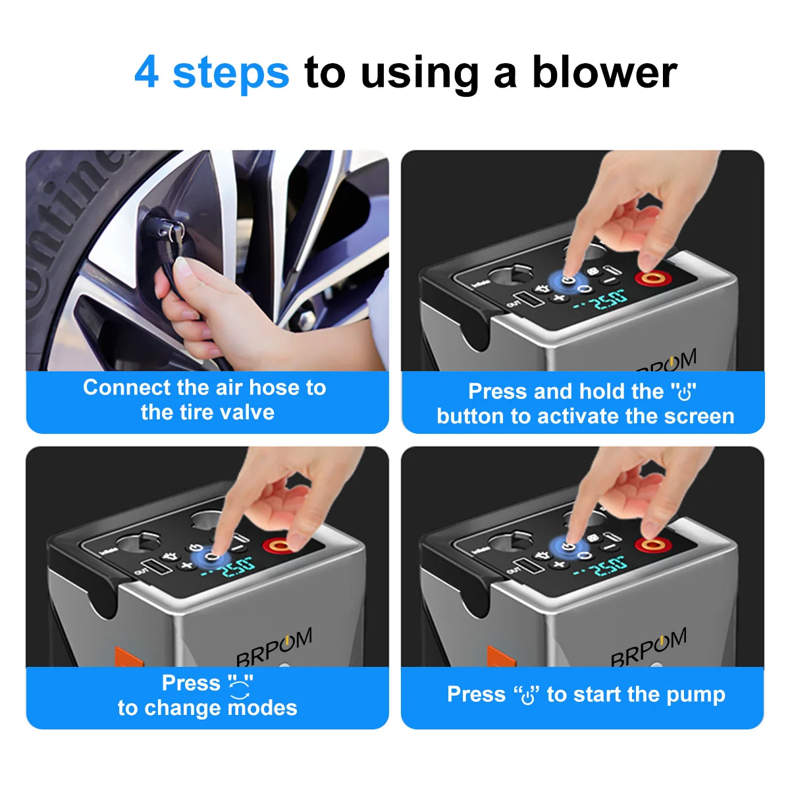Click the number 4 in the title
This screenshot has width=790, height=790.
click(x=146, y=72)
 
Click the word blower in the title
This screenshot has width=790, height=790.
click(x=604, y=72)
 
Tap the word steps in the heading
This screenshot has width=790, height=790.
click(x=230, y=72)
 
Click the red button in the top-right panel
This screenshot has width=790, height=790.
click(x=652, y=278)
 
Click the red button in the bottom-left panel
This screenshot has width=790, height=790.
click(x=279, y=545)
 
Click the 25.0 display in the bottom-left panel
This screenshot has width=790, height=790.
click(x=234, y=566)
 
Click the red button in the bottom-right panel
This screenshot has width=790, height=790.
click(x=652, y=544)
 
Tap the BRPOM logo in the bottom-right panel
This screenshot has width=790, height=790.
click(x=648, y=646)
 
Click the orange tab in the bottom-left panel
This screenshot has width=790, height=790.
click(x=128, y=656)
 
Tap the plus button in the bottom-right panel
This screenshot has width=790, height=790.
click(x=559, y=564)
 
